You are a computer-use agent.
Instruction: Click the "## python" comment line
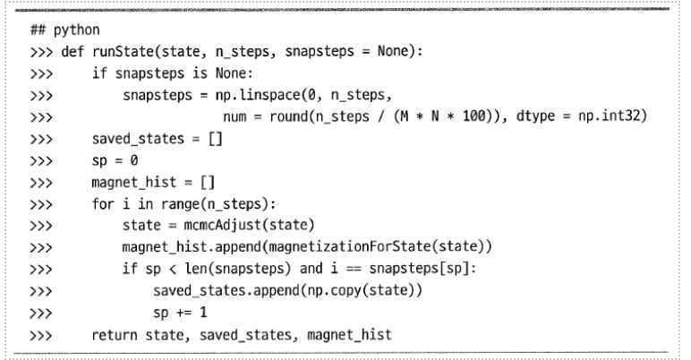tap(54, 30)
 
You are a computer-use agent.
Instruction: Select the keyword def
tap(73, 51)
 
